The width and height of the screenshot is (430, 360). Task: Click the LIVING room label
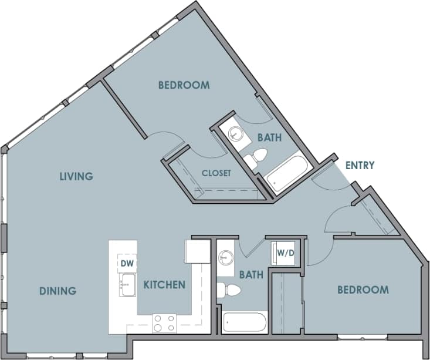coord(76,176)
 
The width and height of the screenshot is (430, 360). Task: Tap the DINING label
coord(58,291)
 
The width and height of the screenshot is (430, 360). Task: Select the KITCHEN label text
coord(164,285)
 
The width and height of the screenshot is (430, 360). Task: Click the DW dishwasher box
coord(127,264)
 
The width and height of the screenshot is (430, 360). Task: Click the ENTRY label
coord(360,166)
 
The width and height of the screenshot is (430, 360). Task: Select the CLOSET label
coord(216,173)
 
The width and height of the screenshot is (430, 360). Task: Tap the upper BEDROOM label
coord(184,85)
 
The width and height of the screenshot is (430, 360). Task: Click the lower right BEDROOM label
coord(363,290)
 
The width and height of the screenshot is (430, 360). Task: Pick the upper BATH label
coord(269,138)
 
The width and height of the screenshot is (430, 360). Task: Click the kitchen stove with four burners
coord(164,324)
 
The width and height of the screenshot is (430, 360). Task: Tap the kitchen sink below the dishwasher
coord(127,287)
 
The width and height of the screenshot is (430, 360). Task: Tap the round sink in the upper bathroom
coord(236,134)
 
